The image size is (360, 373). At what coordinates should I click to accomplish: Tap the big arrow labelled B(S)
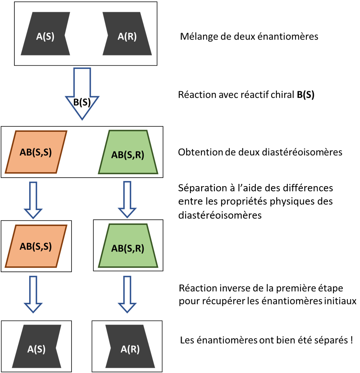pos(82,94)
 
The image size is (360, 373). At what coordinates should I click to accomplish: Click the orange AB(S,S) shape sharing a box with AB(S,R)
pos(36,152)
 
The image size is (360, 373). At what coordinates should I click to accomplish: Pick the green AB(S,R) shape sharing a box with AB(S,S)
pos(128,152)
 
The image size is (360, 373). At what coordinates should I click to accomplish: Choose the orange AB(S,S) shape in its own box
pos(36,246)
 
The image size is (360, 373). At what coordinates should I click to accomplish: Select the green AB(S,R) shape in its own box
pos(128,246)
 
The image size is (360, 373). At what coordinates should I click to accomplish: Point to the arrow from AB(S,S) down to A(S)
pos(33,294)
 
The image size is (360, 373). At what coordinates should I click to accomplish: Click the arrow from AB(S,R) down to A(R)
pos(127,294)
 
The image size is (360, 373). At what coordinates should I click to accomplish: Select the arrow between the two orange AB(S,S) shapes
pos(33,200)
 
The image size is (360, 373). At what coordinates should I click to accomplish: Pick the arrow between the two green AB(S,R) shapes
pos(127,199)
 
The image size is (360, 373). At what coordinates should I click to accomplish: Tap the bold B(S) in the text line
pos(305,95)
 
